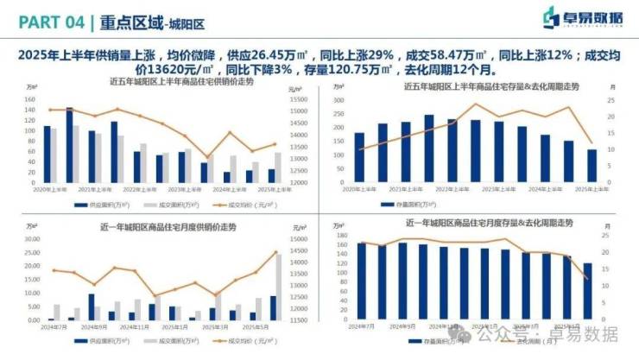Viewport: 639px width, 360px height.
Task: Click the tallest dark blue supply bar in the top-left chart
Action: tap(69, 144)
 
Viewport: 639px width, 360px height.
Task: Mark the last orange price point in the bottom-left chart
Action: tap(277, 252)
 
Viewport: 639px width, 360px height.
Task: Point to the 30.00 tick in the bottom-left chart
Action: tap(32, 238)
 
